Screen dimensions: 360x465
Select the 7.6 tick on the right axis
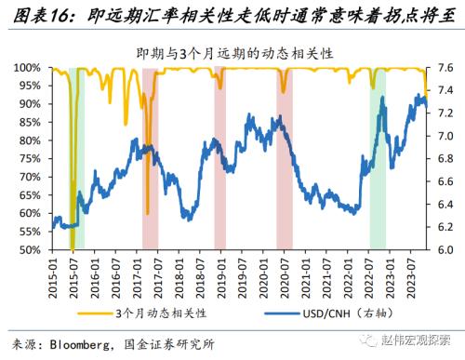[444, 69]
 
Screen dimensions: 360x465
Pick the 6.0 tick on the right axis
[444, 250]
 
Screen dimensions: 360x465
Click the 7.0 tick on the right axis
[444, 137]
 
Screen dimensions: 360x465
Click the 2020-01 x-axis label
[261, 271]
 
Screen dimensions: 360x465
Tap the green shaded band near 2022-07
[377, 158]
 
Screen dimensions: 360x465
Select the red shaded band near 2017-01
[150, 158]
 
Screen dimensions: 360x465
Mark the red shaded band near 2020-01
[284, 158]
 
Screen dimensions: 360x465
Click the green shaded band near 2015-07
[78, 158]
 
